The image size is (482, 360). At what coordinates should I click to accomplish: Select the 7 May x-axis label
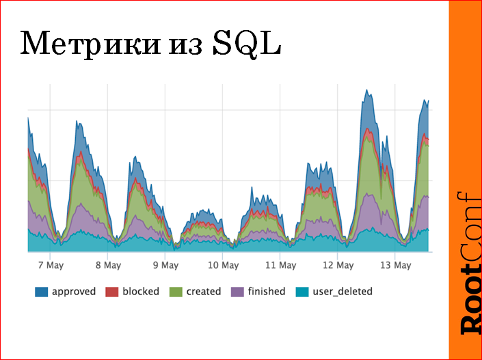click(x=51, y=265)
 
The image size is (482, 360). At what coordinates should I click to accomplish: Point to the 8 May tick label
click(x=108, y=265)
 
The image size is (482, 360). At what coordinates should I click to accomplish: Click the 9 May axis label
click(x=165, y=265)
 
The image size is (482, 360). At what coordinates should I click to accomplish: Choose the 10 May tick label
click(x=223, y=265)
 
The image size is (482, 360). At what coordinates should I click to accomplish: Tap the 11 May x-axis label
click(x=281, y=265)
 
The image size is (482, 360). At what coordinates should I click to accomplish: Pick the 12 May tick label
click(x=338, y=265)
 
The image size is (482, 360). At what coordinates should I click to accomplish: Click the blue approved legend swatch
click(x=41, y=292)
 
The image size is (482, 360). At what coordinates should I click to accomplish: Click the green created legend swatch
click(x=176, y=292)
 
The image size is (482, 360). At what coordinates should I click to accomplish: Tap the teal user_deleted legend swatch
click(x=302, y=292)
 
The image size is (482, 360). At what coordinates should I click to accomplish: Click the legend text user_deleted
click(x=342, y=292)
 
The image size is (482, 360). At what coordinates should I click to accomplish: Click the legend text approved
click(x=74, y=292)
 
